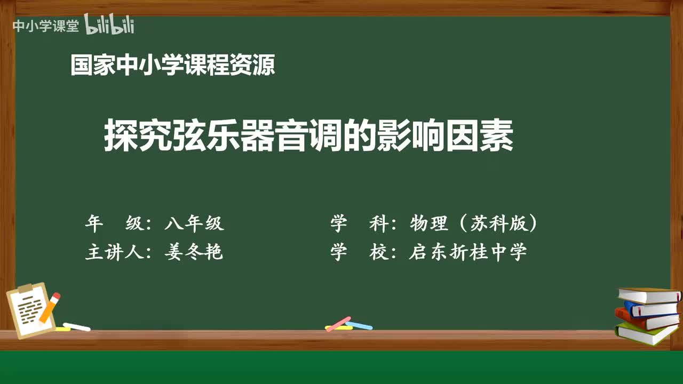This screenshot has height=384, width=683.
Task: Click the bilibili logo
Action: [x=109, y=25]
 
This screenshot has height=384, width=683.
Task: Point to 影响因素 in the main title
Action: [x=462, y=137]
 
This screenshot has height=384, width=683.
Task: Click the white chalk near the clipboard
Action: [x=77, y=326]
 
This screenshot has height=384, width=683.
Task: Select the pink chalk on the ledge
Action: [x=338, y=324]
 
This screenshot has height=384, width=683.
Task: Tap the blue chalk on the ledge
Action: [x=360, y=325]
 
